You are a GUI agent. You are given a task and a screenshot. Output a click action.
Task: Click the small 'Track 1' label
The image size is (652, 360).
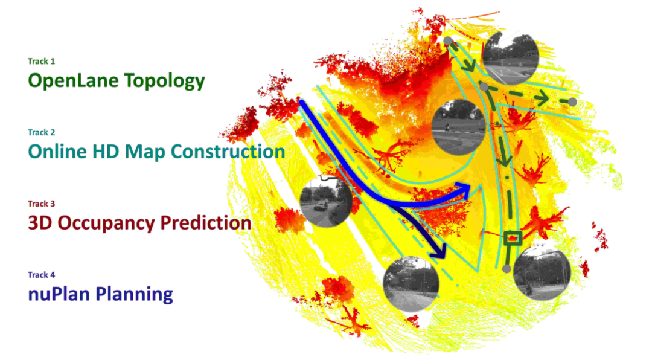(x=41, y=61)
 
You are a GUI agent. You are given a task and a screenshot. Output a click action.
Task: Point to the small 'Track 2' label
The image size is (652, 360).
(x=41, y=132)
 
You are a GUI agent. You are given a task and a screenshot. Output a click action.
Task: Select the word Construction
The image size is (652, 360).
(x=228, y=152)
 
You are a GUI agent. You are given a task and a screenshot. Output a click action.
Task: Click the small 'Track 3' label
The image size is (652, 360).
(x=41, y=204)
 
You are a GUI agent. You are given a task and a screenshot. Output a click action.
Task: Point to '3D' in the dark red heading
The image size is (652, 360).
(x=40, y=223)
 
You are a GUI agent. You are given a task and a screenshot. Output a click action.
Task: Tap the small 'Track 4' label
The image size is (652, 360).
(x=41, y=275)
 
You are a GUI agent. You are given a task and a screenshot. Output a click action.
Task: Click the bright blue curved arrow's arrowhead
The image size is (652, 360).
(x=463, y=191)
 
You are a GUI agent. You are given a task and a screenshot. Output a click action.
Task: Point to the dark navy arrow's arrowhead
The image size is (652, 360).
(x=438, y=251)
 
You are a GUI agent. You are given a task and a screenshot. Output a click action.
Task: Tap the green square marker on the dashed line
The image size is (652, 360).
(x=513, y=238)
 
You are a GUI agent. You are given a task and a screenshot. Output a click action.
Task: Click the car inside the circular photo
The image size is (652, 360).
(x=320, y=206)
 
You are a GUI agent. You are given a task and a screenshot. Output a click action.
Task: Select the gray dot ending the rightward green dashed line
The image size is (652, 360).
(x=572, y=101)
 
